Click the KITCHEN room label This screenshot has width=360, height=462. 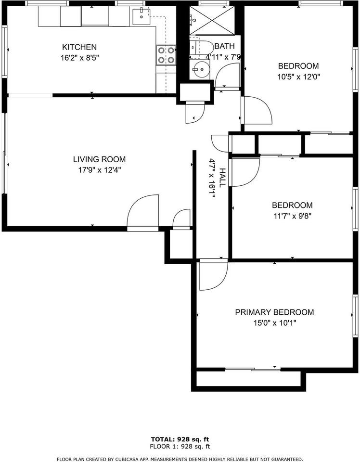tap(79, 47)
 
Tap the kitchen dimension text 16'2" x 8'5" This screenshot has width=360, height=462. tap(79, 57)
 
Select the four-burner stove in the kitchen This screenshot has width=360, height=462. tap(165, 55)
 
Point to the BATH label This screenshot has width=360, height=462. tap(224, 47)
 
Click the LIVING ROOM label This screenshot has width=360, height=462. tap(99, 159)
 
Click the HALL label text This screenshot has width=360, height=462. tap(222, 178)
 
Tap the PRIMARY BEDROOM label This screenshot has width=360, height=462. tap(274, 312)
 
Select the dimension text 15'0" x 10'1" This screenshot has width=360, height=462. tap(274, 323)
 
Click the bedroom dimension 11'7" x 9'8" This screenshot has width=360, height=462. tap(292, 216)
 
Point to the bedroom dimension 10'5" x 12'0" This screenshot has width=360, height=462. tap(299, 77)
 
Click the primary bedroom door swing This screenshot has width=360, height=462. tap(212, 275)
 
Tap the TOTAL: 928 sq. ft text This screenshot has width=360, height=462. tap(180, 439)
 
